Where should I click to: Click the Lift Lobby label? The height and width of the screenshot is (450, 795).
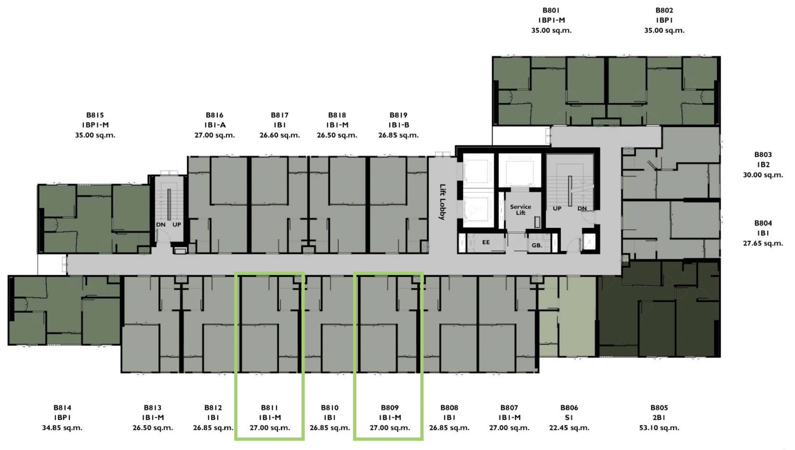coord(442,202)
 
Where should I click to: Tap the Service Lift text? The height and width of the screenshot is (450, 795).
coord(520,210)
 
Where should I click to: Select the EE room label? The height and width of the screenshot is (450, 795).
coord(486,242)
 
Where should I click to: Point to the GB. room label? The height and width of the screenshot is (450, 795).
coord(537,245)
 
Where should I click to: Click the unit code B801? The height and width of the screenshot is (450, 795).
coord(551,10)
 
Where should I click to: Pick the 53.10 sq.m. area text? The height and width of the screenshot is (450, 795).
coord(659,428)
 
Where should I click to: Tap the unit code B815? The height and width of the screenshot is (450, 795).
coord(95,115)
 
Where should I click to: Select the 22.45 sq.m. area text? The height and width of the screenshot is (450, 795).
coord(569,428)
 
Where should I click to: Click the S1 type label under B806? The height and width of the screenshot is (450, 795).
coord(569,418)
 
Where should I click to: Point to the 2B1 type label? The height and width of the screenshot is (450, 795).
coord(659,418)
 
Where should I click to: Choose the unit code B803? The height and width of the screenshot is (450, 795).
coord(763,155)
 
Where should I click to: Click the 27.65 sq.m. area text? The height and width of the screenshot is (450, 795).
coord(763,243)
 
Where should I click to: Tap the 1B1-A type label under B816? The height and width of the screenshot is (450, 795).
coord(215,125)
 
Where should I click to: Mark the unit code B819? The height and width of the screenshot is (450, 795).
coord(398,115)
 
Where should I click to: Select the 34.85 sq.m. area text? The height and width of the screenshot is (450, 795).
coord(62,428)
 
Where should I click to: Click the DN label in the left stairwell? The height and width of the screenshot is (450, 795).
coord(161,225)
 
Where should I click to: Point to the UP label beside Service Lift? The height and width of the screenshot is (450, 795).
coord(557,208)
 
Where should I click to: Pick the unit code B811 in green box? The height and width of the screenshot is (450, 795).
coord(270,408)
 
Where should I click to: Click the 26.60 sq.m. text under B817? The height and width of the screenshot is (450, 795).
coord(279,135)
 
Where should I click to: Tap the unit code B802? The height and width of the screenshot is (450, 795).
coord(665,10)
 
